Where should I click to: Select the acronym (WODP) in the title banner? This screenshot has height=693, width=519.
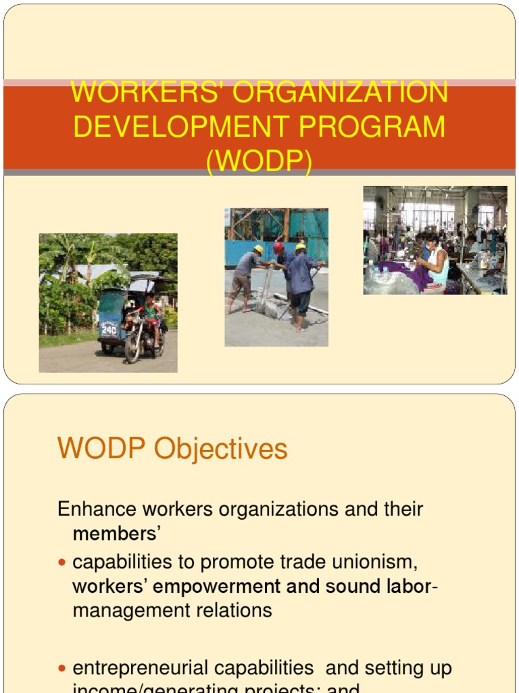pyautogui.click(x=259, y=162)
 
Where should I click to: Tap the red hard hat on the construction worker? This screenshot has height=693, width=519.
pyautogui.click(x=278, y=248)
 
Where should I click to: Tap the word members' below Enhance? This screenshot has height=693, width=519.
pyautogui.click(x=116, y=533)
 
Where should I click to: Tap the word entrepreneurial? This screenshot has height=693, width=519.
pyautogui.click(x=193, y=668)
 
